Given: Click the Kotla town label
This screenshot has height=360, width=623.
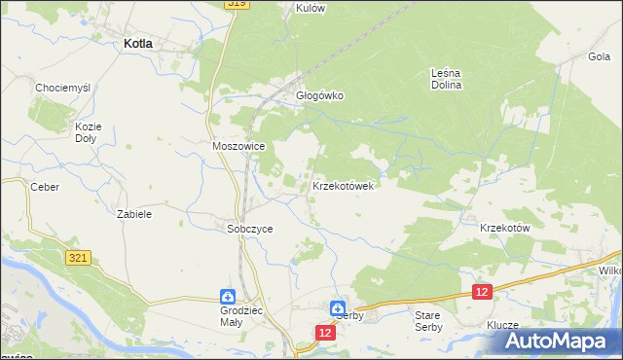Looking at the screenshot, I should tap(136, 44).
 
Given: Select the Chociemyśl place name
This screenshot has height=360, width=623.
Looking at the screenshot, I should tap(62, 88).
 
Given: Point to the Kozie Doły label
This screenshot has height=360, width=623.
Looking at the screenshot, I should tap(89, 131).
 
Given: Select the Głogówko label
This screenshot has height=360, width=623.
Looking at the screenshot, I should tap(320, 96).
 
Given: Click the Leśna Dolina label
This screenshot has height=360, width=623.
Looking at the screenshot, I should tap(446, 78).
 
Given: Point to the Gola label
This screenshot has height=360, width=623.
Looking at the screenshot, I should tap(599, 56).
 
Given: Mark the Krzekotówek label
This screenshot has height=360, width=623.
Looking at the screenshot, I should tap(343, 185).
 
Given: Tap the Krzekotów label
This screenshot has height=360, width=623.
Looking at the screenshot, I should tap(504, 227).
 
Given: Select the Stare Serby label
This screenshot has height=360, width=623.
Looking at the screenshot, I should tap(428, 321).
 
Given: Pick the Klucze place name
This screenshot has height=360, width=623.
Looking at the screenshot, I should tap(504, 326).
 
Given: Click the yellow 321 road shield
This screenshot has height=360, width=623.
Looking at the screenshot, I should tap(80, 257).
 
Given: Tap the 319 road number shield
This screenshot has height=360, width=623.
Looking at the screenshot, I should tap(237, 4).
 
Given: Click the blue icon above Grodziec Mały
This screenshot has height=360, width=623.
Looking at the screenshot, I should tap(226, 297).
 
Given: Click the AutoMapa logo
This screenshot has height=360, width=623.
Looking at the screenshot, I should tap(563, 342).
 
